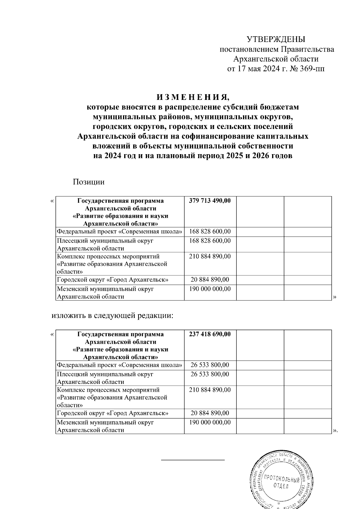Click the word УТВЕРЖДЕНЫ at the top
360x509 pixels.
pyautogui.click(x=275, y=39)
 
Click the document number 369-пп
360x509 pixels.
pyautogui.click(x=312, y=69)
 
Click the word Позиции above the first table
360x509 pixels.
pyautogui.click(x=88, y=182)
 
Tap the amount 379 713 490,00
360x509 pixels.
pyautogui.click(x=210, y=201)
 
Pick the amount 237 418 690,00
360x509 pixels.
pyautogui.click(x=210, y=334)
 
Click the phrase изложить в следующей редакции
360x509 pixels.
pyautogui.click(x=112, y=316)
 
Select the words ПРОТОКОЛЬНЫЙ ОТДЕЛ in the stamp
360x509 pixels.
pyautogui.click(x=281, y=483)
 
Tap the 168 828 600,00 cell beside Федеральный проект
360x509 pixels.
pyautogui.click(x=210, y=232)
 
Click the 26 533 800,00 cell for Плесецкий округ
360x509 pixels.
pyautogui.click(x=210, y=374)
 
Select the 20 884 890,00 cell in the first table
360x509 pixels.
pyautogui.click(x=210, y=280)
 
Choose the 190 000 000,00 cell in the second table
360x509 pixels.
pyautogui.click(x=210, y=422)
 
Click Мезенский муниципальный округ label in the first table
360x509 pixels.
pyautogui.click(x=105, y=289)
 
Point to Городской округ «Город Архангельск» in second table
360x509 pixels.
pyautogui.click(x=112, y=413)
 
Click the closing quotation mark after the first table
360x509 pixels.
pyautogui.click(x=335, y=297)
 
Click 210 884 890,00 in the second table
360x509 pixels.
pyautogui.click(x=210, y=390)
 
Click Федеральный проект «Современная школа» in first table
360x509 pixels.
pyautogui.click(x=119, y=232)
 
